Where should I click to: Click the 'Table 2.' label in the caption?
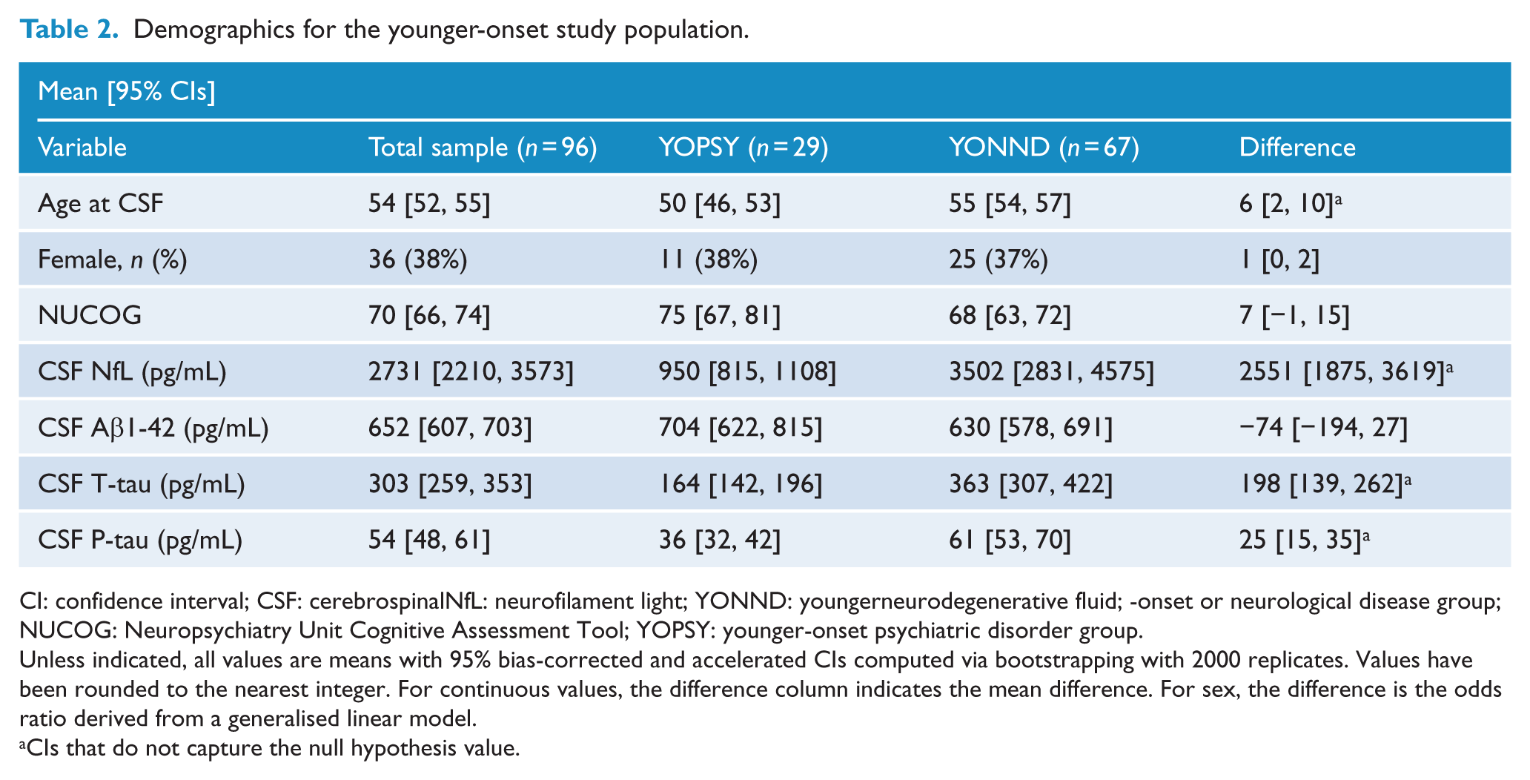click(69, 30)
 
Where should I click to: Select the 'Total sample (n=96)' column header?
click(483, 148)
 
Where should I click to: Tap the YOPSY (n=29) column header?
click(744, 148)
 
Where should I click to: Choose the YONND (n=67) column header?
click(1044, 148)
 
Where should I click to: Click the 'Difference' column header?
click(1297, 148)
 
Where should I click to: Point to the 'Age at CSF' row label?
click(100, 203)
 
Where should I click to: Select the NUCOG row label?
click(90, 316)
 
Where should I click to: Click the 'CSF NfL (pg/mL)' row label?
click(132, 371)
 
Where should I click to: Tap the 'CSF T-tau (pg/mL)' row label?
click(141, 484)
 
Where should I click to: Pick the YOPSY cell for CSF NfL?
click(747, 371)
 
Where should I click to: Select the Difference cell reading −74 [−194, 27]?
click(1323, 428)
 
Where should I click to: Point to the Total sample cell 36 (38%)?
click(418, 260)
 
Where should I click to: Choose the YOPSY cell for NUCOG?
click(719, 316)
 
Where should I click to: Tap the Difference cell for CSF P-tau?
click(1304, 540)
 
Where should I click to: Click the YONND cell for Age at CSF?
click(1010, 203)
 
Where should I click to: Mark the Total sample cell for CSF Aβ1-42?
click(450, 428)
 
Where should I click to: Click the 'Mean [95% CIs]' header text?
click(127, 92)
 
